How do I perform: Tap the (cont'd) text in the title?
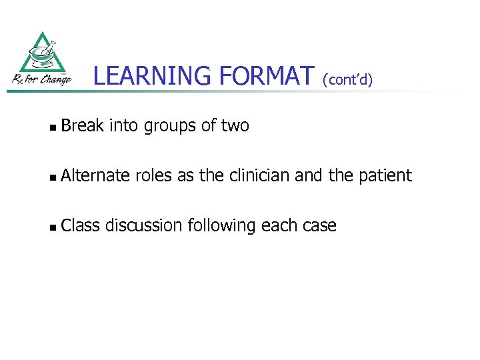click(x=347, y=79)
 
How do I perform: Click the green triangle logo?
click(x=43, y=53)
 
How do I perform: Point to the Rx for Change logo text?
click(x=41, y=79)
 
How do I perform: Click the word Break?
click(x=83, y=125)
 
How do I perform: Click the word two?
click(x=235, y=125)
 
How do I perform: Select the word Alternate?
click(x=95, y=175)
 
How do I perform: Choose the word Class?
click(x=80, y=225)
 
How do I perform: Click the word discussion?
click(x=144, y=225)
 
